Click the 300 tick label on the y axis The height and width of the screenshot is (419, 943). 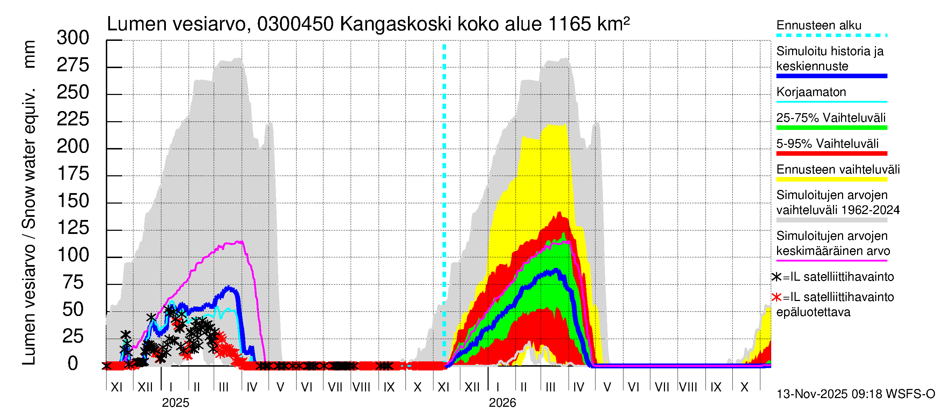(x=73, y=38)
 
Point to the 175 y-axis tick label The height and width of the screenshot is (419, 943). (x=73, y=174)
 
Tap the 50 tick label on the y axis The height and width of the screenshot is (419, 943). (x=73, y=310)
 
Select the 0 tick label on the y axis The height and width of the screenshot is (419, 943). (x=73, y=364)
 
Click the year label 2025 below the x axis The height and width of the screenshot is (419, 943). (x=175, y=403)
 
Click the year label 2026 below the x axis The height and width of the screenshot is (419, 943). (x=502, y=403)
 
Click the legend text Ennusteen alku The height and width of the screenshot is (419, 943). (x=819, y=25)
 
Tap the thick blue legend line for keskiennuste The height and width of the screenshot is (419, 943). (x=832, y=76)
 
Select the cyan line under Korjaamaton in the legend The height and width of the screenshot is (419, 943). (x=832, y=102)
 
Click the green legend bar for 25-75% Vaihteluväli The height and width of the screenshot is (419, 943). (x=832, y=128)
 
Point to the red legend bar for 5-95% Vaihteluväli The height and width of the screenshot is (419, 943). (x=832, y=153)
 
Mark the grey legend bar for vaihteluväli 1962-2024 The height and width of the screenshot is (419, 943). (x=832, y=220)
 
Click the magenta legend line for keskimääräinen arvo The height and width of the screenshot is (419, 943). (x=832, y=260)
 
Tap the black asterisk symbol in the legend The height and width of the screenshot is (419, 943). (x=776, y=277)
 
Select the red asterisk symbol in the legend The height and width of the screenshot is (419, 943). (x=776, y=297)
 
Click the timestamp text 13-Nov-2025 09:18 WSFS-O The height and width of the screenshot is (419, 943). (x=855, y=394)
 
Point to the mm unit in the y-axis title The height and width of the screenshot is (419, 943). (x=29, y=54)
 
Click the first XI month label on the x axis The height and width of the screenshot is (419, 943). (x=116, y=387)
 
